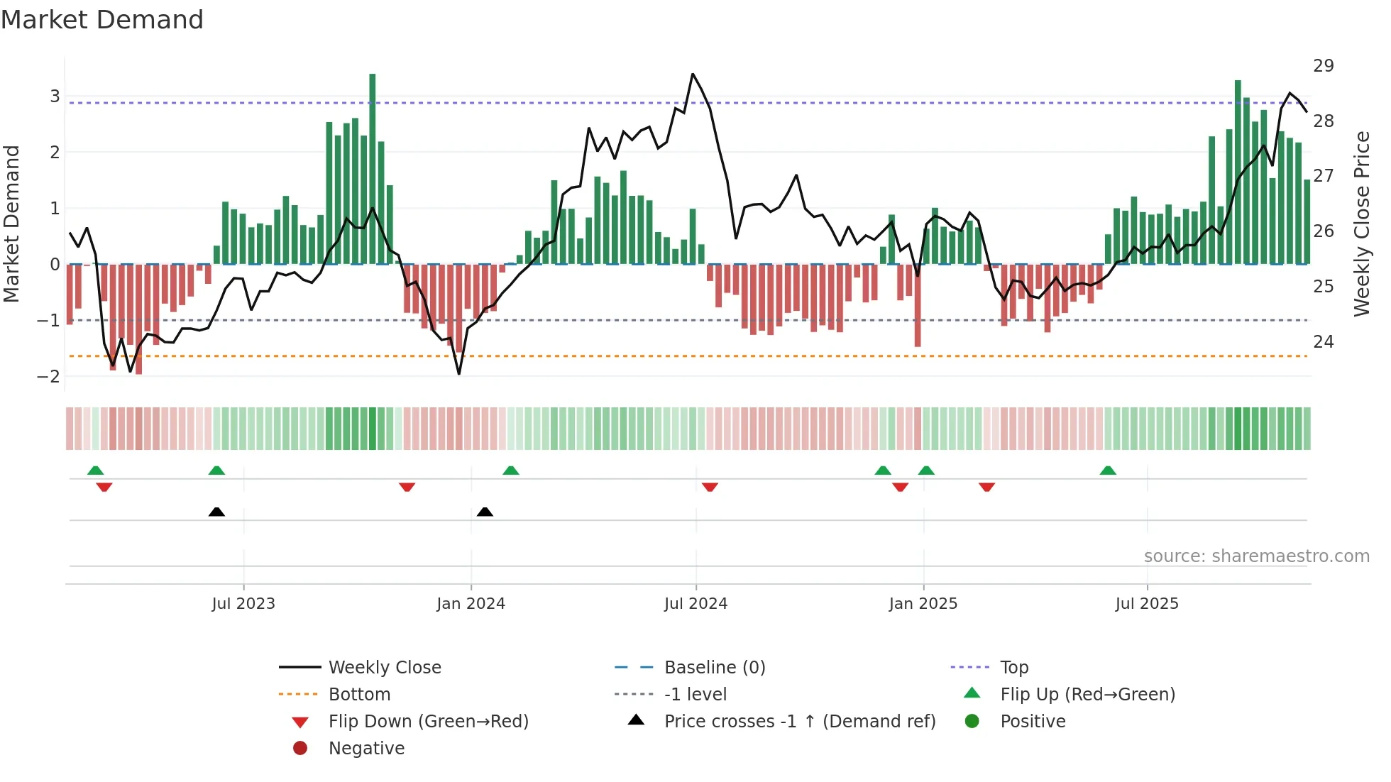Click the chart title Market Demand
tap(102, 20)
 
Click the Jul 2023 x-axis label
tap(243, 604)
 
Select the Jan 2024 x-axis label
tap(471, 604)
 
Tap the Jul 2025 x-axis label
tap(1146, 604)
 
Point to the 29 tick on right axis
tap(1323, 66)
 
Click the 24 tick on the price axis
tap(1323, 342)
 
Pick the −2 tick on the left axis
tap(48, 377)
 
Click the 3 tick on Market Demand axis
tap(55, 96)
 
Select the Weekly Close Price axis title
tap(1361, 224)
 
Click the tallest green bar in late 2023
tap(373, 170)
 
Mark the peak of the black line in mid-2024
tap(693, 75)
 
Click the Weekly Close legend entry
tap(384, 668)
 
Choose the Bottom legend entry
tap(359, 695)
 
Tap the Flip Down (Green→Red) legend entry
tap(428, 722)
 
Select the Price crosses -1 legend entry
tap(799, 722)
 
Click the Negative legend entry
tap(366, 749)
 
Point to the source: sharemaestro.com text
tap(1256, 556)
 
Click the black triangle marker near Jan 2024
tap(485, 512)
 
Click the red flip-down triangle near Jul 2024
tap(710, 487)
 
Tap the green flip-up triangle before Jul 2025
tap(1108, 470)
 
